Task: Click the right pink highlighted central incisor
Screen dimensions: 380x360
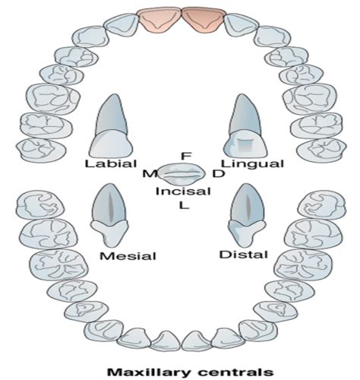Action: pos(200,20)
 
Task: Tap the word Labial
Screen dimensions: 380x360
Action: pos(112,163)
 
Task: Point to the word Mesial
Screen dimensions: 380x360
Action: pos(128,255)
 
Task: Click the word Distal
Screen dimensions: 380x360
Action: pos(243,253)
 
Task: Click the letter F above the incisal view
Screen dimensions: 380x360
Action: pos(185,156)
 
